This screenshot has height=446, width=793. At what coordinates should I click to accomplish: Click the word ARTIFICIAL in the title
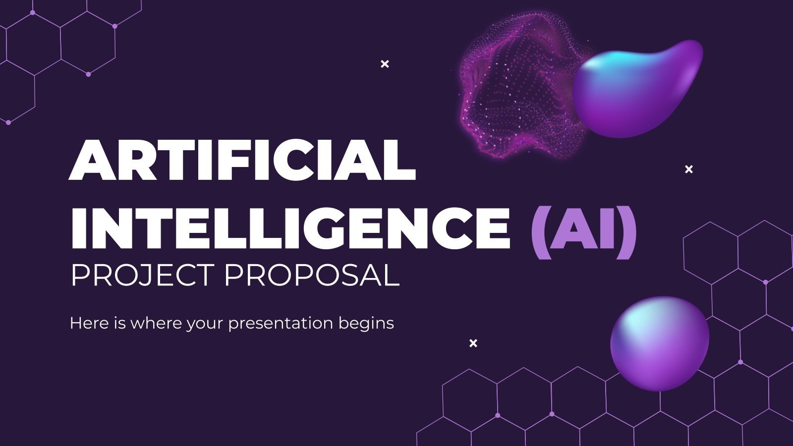coord(242,160)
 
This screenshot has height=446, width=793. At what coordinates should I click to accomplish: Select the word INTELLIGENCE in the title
coord(290,227)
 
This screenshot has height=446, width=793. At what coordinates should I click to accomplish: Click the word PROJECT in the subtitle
coord(142,276)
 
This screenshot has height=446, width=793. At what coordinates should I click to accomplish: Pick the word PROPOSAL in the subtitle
coord(312,276)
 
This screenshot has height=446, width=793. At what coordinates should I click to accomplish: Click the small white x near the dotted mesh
coord(385,64)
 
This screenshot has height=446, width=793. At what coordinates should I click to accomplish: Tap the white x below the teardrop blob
coord(688,169)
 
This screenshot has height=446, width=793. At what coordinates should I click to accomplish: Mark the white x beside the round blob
coord(473,343)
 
